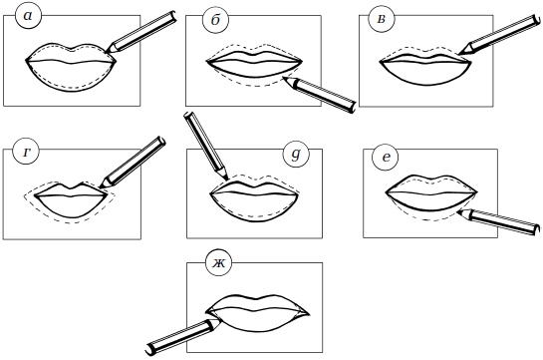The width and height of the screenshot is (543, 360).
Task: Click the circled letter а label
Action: pos(28,16)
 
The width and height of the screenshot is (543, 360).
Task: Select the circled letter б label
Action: pos(216,20)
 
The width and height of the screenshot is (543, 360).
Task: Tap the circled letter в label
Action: pos(381,19)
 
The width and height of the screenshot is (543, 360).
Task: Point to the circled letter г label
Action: pos(26,153)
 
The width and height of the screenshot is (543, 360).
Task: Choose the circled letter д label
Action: pos(296,154)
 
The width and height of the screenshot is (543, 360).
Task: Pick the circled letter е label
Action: pos(386,158)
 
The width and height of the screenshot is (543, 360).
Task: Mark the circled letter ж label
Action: pos(218,263)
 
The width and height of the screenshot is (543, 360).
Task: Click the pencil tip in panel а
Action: pos(105,52)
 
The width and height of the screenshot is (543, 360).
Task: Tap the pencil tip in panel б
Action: pos(284,78)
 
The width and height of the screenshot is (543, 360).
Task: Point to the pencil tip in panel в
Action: pos(460,54)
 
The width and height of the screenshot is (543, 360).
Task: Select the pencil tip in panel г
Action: pos(100,187)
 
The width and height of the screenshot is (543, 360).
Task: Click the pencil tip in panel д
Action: pos(227,180)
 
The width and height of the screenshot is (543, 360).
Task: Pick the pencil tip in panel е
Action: pos(457,211)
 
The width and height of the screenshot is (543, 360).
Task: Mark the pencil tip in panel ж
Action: pos(220,319)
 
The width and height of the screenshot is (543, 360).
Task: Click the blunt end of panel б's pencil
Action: pos(353,107)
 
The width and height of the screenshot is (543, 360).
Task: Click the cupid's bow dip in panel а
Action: pos(72,50)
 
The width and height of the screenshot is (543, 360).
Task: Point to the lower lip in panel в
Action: pos(425,74)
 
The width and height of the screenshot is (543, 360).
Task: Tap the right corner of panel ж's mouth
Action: pos(309,314)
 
